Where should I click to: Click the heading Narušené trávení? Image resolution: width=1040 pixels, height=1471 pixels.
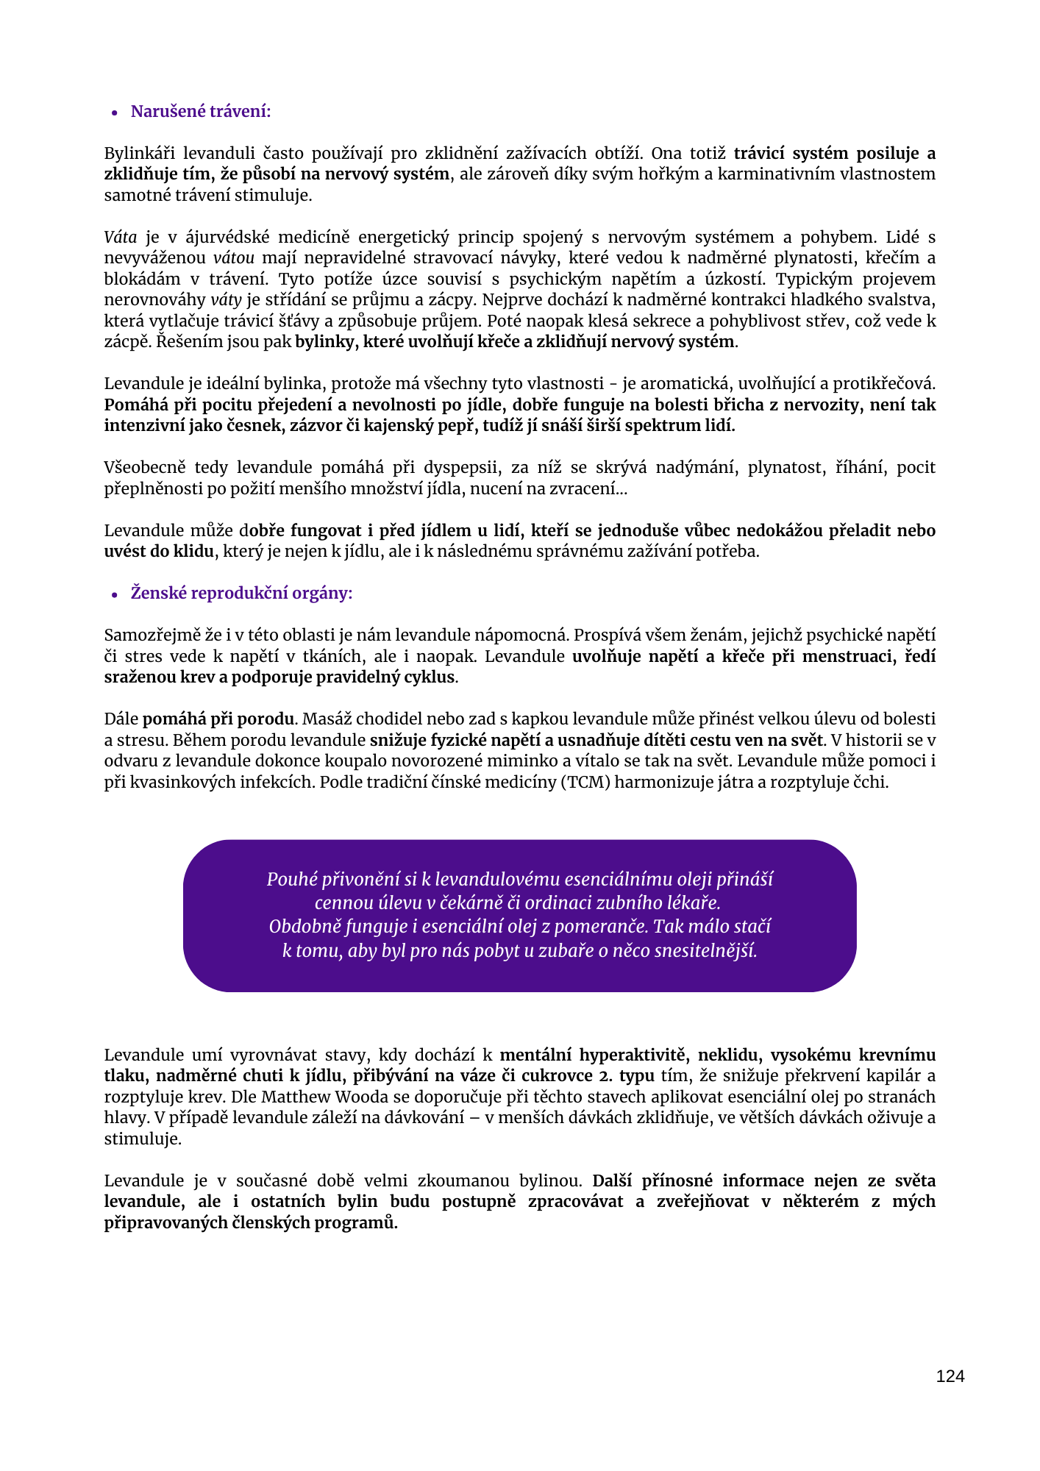201,112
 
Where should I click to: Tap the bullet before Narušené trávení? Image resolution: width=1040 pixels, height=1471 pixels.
115,113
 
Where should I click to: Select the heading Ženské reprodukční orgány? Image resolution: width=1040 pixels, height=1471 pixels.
241,594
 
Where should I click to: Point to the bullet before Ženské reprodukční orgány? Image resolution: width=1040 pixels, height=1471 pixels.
115,595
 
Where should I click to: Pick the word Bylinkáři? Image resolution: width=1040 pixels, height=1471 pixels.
139,154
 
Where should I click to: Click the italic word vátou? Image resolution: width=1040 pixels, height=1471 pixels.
234,258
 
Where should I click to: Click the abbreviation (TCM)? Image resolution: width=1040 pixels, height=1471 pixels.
586,782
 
